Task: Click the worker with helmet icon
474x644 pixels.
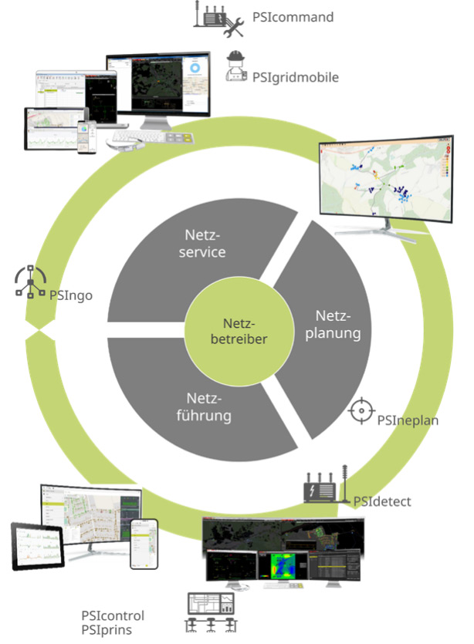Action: coord(235,67)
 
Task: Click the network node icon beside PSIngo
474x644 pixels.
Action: coord(32,283)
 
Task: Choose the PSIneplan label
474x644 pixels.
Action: coord(406,420)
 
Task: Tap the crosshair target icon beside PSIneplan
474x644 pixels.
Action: coord(361,411)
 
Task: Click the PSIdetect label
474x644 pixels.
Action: coord(382,501)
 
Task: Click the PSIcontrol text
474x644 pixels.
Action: coord(113,615)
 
